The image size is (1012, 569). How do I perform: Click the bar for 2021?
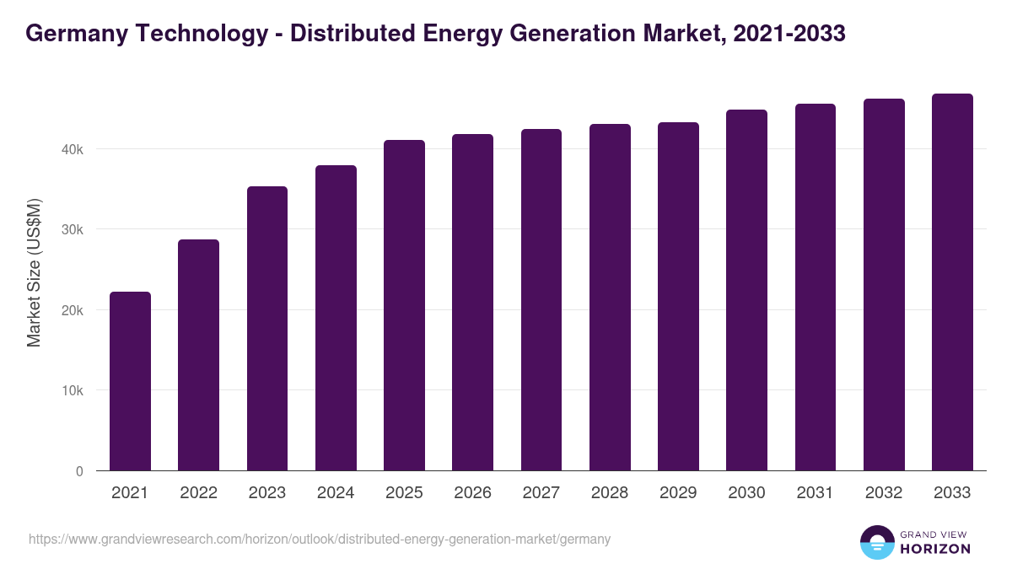[x=130, y=381]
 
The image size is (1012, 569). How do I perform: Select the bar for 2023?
[x=267, y=329]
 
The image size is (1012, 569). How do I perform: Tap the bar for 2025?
[x=404, y=305]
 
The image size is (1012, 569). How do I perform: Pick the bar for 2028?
[x=610, y=298]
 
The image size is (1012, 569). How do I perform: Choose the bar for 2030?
[x=746, y=290]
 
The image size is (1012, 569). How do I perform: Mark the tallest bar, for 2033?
[x=952, y=282]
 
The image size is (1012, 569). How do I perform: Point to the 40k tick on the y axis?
[x=72, y=149]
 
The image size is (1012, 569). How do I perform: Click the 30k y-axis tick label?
[x=72, y=229]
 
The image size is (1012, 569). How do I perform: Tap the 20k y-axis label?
[x=72, y=310]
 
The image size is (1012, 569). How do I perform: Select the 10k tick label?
[x=72, y=391]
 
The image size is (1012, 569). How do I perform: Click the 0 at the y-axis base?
[x=79, y=471]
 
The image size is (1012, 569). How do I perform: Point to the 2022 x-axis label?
[x=198, y=493]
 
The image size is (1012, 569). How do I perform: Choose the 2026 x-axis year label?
[x=472, y=493]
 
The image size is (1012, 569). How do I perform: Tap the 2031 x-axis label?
[x=815, y=493]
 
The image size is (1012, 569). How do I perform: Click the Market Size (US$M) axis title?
[x=34, y=273]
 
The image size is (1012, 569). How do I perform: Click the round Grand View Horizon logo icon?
[x=876, y=542]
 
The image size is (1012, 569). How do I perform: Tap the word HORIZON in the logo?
[x=935, y=548]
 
